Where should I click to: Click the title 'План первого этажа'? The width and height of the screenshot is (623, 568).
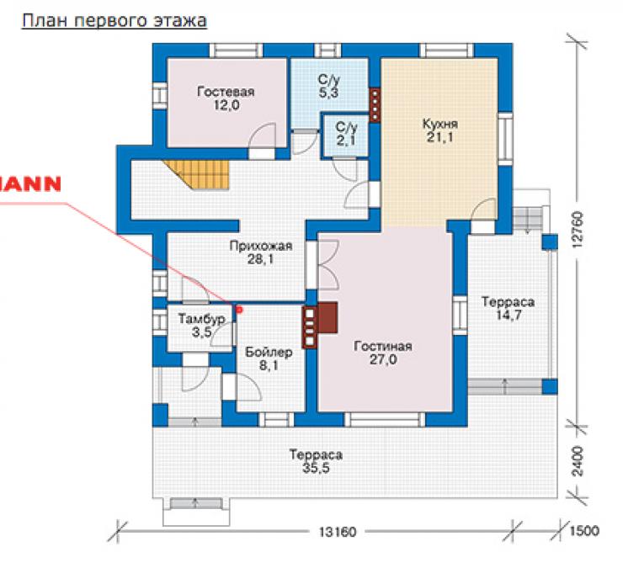(114, 21)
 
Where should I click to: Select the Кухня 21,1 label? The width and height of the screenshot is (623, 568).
(439, 130)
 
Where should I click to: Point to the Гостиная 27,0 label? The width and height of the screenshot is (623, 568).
(383, 353)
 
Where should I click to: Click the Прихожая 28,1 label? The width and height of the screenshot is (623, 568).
(261, 252)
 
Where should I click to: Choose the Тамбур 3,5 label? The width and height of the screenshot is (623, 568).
(201, 325)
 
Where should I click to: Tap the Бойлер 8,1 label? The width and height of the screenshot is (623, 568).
(269, 358)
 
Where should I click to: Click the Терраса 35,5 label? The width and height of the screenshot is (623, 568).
(316, 461)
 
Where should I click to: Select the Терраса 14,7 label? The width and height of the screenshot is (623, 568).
(509, 308)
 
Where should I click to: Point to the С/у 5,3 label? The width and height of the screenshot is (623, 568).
(329, 86)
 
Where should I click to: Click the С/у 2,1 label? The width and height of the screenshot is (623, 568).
(347, 134)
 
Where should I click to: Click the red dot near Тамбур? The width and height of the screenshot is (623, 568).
(239, 309)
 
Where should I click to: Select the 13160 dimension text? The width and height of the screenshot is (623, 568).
(338, 532)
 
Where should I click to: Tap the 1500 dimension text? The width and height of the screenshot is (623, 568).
(584, 531)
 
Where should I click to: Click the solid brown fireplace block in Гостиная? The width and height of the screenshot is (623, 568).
(327, 317)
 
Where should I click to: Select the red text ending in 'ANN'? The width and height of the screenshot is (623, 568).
(30, 184)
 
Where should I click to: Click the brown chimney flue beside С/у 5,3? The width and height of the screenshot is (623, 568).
(375, 104)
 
